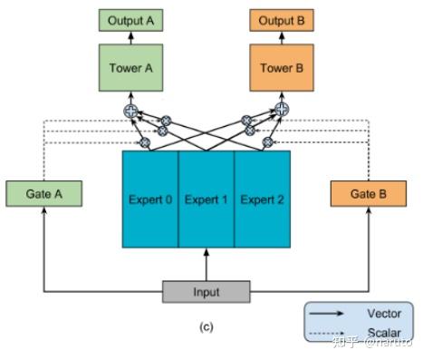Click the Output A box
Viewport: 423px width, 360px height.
point(130,19)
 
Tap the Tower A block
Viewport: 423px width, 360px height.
point(130,67)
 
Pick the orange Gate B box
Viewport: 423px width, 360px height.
point(367,193)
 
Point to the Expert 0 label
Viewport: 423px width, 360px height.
point(150,199)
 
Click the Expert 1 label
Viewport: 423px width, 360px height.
point(206,199)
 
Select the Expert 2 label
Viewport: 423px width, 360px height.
point(262,199)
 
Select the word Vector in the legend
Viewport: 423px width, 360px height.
point(383,314)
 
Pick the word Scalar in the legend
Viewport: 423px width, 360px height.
point(383,333)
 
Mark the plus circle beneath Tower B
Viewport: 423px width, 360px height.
point(282,110)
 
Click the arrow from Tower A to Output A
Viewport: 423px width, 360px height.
point(130,38)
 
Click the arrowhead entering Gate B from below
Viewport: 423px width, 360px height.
point(367,210)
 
